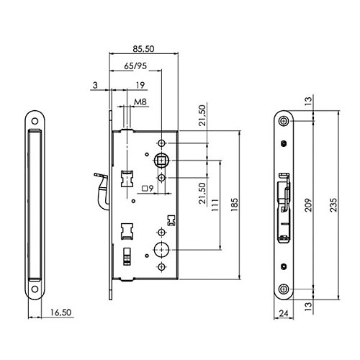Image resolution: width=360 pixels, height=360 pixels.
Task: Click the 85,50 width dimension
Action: (143, 49)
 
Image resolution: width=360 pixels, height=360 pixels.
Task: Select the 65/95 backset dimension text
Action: (135, 66)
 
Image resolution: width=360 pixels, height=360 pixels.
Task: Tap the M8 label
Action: (140, 102)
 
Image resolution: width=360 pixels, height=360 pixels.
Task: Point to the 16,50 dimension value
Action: (61, 312)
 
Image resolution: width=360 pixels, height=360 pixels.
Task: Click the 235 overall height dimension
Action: (333, 204)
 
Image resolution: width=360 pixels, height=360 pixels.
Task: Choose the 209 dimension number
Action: (308, 205)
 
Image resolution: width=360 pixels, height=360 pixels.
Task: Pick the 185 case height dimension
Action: (234, 204)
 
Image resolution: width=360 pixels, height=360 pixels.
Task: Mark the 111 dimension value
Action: (215, 205)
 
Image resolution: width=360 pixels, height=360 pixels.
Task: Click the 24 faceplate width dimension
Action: (284, 313)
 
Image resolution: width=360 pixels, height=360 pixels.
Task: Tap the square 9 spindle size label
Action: (148, 189)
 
